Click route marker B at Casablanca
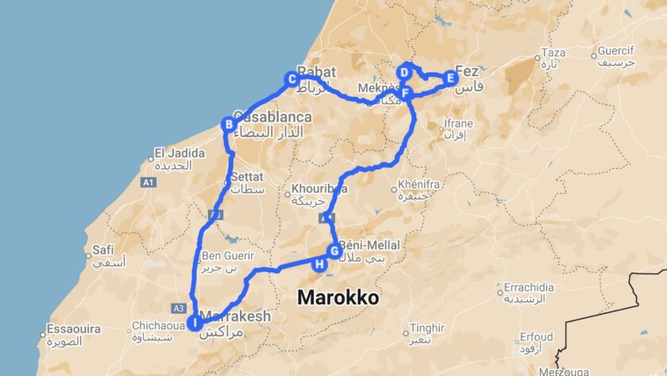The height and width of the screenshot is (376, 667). point(228,124)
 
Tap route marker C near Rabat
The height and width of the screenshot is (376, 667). point(292,79)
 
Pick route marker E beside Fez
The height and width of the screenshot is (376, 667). point(450,78)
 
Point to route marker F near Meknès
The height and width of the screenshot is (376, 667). point(407,95)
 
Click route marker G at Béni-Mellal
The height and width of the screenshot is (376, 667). point(334,251)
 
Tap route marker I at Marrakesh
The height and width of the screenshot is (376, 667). point(194,323)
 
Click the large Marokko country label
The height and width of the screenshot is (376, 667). point(337,297)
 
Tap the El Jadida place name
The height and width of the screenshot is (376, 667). point(173,153)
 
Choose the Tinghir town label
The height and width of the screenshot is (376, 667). point(426,328)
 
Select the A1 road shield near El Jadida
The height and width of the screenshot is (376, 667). point(148,183)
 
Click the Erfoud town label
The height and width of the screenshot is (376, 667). point(537,337)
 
